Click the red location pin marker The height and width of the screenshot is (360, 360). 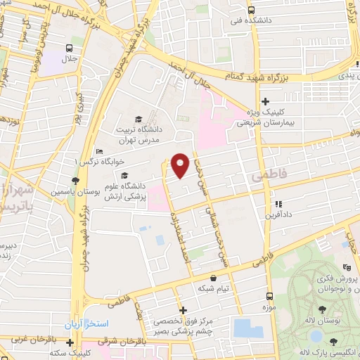181,165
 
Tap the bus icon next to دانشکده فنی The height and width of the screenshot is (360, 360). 252,11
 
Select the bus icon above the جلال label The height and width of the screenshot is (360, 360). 69,49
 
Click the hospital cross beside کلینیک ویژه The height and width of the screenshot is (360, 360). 265,101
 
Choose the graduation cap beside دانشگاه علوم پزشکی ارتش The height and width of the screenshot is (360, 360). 124,176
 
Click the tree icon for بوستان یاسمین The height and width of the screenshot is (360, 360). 75,181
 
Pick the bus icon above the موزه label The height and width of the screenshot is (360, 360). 270,296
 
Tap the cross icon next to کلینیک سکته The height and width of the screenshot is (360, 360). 70,342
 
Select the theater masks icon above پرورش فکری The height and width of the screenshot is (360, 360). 345,267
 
